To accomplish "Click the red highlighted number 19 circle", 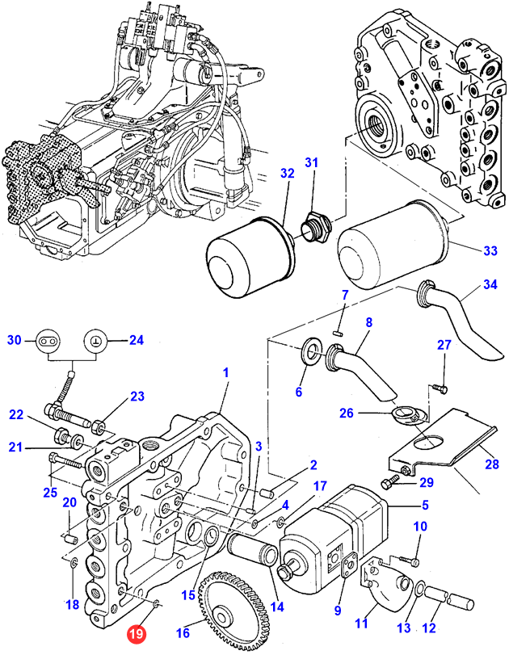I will click(139, 636).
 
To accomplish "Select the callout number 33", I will click(491, 252).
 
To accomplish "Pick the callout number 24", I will click(136, 339).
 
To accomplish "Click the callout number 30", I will click(14, 339).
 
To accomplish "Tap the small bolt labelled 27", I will click(440, 389).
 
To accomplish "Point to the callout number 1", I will click(226, 373).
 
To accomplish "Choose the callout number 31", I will click(312, 162).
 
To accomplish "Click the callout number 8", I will click(368, 322).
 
